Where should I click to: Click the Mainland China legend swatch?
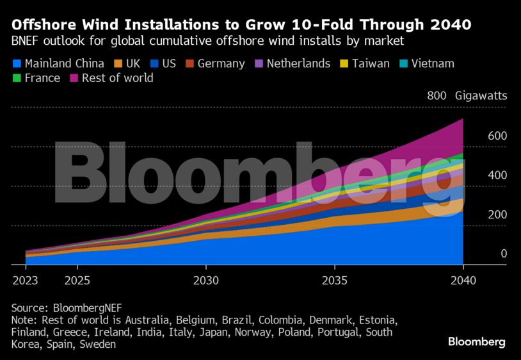coord(17,63)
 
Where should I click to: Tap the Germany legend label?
coord(221,63)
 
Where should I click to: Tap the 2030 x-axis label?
coord(206,281)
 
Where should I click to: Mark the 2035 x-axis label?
coord(335,281)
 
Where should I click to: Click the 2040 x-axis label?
coord(463,281)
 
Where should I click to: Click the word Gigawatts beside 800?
coord(481,96)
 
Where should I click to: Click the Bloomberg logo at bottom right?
coord(476,341)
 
